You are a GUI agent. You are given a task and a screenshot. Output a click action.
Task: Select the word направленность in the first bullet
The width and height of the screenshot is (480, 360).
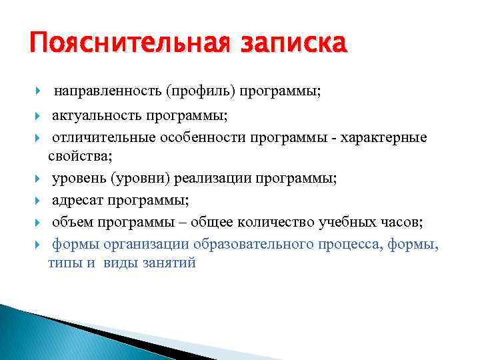pos(109,89)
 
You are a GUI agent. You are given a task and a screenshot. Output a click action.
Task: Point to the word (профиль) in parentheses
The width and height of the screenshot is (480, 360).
pos(198,89)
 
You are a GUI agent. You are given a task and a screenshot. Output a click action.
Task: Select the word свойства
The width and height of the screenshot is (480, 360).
pos(79,157)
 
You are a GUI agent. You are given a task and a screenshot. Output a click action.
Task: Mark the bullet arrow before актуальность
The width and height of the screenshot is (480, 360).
pos(40,117)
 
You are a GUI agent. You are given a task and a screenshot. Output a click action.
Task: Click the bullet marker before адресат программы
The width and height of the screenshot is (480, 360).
pos(40,200)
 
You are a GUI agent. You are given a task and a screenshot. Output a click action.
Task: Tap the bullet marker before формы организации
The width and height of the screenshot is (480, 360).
pos(40,243)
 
